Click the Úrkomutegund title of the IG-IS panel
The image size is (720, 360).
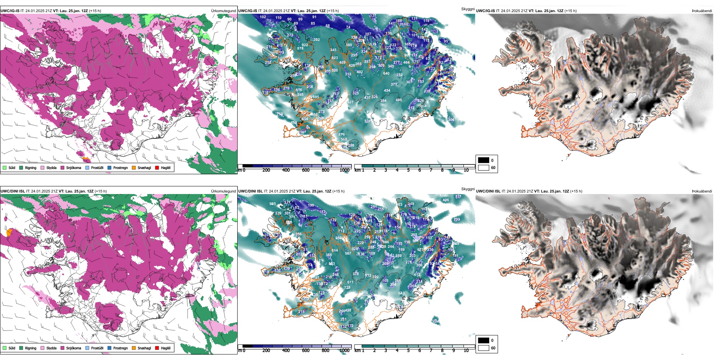tap(223, 11)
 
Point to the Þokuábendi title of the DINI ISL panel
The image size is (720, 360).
tap(702, 191)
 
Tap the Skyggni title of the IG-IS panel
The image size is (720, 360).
tap(468, 9)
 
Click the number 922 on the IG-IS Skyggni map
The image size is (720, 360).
tap(305, 45)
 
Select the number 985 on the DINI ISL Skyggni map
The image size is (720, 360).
tap(273, 204)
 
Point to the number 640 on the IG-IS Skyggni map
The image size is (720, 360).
tap(386, 74)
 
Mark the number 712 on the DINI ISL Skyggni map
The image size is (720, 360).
tap(341, 231)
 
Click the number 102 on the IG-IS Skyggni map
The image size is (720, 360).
tap(263, 17)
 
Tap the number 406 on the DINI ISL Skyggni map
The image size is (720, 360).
tap(446, 200)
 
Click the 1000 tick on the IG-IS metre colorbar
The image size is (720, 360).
tap(344, 171)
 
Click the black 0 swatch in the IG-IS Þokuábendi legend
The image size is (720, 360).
tap(484, 160)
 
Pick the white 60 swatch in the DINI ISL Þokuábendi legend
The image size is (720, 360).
tap(484, 348)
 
